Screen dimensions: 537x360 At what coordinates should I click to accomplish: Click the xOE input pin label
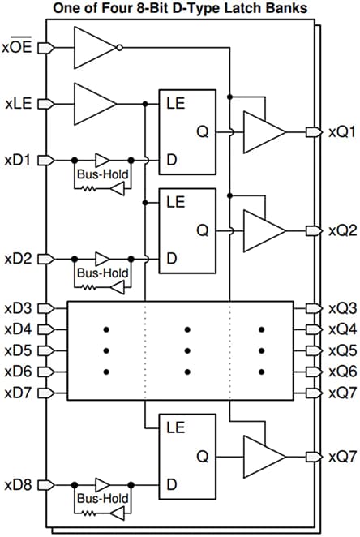coord(19,47)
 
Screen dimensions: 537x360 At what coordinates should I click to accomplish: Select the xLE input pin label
coord(19,103)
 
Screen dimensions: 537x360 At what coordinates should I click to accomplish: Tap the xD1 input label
coord(19,159)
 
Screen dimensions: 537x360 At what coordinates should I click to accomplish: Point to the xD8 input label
coord(19,485)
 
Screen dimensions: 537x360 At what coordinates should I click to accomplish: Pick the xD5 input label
coord(19,350)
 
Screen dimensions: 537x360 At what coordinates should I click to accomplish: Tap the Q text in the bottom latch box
coord(202,456)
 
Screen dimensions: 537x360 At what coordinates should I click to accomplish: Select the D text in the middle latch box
coord(171,258)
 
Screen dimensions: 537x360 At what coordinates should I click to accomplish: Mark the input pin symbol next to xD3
coord(45,308)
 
